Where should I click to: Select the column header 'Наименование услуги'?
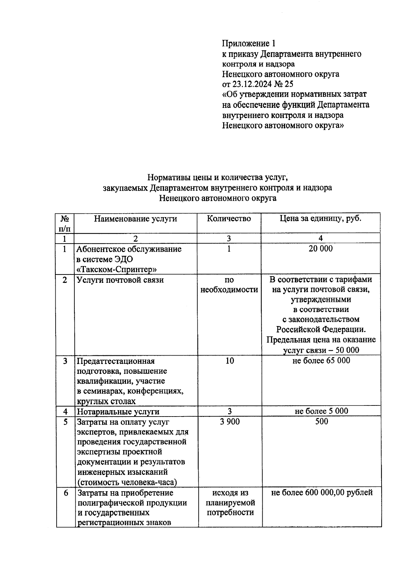(x=135, y=219)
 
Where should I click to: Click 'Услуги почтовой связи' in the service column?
(x=120, y=280)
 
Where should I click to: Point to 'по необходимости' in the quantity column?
(x=229, y=285)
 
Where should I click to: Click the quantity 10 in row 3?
(x=229, y=361)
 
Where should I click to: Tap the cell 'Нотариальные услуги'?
(x=118, y=412)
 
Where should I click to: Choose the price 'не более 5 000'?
(x=321, y=411)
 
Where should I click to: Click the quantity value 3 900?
(x=230, y=422)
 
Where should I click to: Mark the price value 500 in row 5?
(x=322, y=422)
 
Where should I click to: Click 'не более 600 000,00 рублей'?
(x=322, y=493)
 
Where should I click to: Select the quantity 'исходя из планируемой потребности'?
(x=230, y=503)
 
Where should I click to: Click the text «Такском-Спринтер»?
(x=117, y=269)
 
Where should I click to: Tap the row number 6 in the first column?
(x=66, y=493)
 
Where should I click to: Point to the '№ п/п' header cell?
(x=65, y=224)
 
